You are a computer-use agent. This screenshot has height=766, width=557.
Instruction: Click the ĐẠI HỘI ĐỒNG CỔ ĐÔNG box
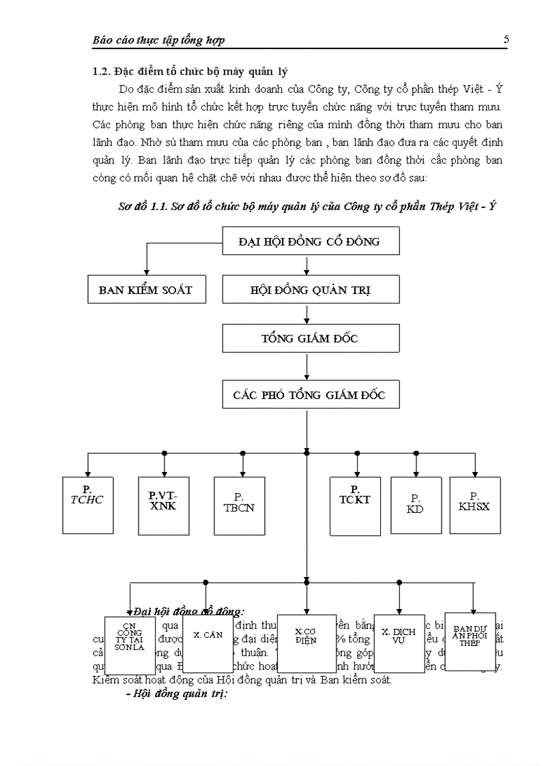(311, 241)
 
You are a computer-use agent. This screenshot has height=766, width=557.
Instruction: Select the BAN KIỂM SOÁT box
(145, 290)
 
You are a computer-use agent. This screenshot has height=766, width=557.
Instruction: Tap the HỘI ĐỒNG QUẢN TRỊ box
(311, 290)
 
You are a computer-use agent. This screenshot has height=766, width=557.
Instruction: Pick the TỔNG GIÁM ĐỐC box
(311, 338)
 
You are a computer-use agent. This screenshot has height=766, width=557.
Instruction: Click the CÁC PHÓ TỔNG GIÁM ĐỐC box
(311, 395)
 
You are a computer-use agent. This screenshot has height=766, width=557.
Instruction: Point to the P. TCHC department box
(87, 505)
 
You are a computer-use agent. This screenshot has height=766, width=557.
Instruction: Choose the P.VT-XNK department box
(162, 505)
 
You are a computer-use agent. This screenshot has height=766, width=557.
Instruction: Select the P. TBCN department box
(239, 505)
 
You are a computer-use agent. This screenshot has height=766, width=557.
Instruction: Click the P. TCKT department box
(355, 505)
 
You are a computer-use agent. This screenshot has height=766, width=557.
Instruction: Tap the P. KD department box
(415, 505)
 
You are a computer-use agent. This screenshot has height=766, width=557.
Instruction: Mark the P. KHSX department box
(474, 505)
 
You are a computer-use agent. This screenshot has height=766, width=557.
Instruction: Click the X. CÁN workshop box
(208, 643)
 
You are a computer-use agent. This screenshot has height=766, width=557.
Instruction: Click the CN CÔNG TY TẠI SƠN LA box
(130, 645)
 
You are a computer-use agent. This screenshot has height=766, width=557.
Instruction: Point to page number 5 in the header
(506, 40)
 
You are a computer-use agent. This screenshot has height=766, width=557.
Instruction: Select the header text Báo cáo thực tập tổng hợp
(158, 40)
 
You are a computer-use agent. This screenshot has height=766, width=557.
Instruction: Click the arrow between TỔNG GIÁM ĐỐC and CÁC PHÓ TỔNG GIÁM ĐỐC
(307, 367)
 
